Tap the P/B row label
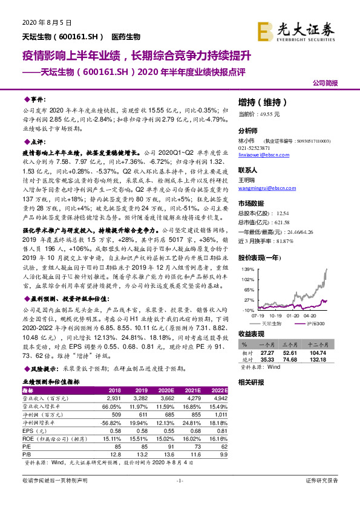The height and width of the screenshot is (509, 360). (27, 452)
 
